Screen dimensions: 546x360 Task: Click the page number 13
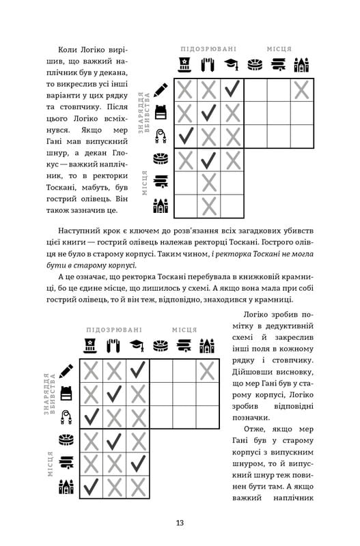click(x=180, y=523)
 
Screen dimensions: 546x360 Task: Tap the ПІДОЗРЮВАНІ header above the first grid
click(x=208, y=49)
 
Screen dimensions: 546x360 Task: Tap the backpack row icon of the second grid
click(x=66, y=393)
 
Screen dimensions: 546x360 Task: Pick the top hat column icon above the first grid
click(x=185, y=65)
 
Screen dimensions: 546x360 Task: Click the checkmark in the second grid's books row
click(x=137, y=463)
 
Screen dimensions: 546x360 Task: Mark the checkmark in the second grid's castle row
click(x=91, y=486)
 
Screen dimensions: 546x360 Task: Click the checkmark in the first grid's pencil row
click(x=232, y=89)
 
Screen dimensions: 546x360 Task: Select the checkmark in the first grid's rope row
click(x=186, y=136)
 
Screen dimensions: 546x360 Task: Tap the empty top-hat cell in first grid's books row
click(x=186, y=182)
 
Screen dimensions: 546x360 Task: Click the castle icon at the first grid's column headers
click(x=301, y=65)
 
